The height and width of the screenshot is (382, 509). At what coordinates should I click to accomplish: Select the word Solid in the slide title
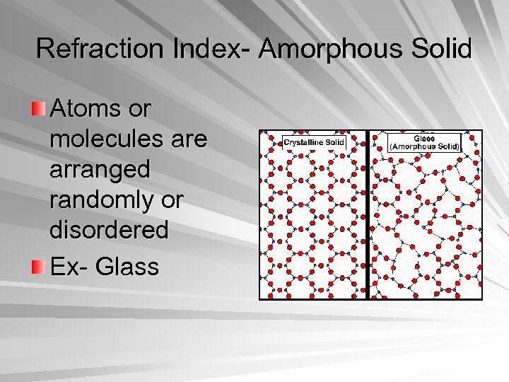point(443,49)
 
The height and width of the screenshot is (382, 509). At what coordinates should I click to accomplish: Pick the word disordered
point(110,230)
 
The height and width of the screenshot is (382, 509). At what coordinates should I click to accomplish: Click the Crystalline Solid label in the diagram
point(314,142)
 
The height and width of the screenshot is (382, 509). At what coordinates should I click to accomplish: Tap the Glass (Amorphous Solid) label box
point(425,143)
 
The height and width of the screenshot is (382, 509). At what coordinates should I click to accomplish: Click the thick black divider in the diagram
point(368,212)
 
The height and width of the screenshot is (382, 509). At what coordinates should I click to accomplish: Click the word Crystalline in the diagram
point(305,142)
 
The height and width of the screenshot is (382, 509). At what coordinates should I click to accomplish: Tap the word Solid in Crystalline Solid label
point(335,142)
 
